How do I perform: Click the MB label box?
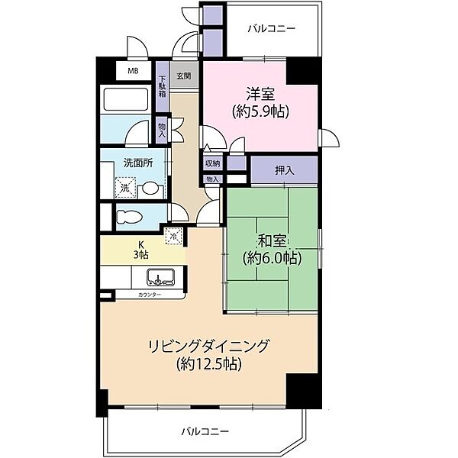click(133, 72)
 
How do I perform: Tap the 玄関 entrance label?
click(183, 76)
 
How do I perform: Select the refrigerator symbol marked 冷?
click(173, 237)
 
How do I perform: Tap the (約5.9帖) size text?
click(260, 111)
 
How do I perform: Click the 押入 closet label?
click(285, 169)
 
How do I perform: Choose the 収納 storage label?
click(212, 163)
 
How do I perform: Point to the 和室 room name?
click(272, 241)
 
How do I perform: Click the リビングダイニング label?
click(208, 347)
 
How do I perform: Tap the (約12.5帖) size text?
click(208, 364)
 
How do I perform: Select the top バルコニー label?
click(271, 29)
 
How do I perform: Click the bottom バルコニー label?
click(205, 431)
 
